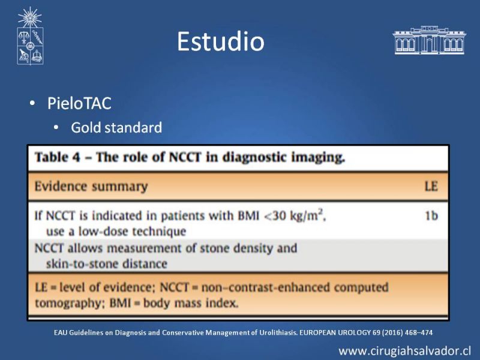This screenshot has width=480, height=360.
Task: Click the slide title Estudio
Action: click(x=220, y=41)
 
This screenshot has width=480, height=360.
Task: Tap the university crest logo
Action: click(x=30, y=36)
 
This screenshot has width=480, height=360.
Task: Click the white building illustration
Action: click(x=429, y=40)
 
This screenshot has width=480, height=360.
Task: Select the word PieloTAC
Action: click(x=79, y=103)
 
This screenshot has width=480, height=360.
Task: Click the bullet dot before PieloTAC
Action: click(x=32, y=103)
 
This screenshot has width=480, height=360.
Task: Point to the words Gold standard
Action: click(x=116, y=127)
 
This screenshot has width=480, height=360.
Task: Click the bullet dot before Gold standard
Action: click(x=56, y=127)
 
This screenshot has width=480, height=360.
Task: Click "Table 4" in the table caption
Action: click(x=57, y=157)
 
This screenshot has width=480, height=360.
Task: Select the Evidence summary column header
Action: click(x=91, y=186)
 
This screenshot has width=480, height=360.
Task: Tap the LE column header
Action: click(x=431, y=186)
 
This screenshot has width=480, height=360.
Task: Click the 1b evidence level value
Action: click(x=431, y=216)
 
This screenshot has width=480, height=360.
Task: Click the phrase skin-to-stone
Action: click(x=89, y=264)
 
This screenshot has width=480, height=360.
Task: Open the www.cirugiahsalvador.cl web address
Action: click(x=404, y=351)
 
